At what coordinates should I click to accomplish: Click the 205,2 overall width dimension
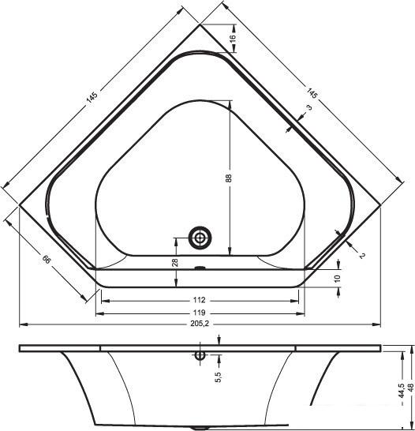200,324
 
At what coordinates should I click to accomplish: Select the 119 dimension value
199,313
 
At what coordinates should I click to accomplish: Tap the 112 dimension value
199,300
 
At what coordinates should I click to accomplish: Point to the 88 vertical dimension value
230,178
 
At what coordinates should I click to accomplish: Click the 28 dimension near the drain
175,263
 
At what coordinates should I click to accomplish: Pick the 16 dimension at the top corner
233,38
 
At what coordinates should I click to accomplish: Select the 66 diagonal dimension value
47,259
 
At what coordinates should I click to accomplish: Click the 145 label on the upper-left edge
92,97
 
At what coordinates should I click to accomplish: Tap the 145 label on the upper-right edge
312,93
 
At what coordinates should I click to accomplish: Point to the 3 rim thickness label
309,107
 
